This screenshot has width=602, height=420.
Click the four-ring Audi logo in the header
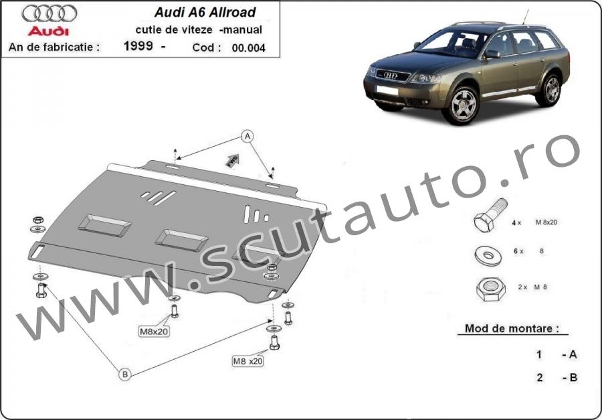(49, 14)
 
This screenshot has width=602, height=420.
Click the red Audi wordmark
(48, 31)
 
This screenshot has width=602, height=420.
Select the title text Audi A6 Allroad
(205, 12)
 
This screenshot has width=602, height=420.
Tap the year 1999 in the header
(138, 46)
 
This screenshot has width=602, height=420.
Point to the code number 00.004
(248, 48)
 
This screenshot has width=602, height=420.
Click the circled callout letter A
(247, 136)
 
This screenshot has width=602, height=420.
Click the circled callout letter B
(125, 374)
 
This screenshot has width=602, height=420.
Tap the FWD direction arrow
(232, 160)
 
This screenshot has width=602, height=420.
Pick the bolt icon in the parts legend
(490, 216)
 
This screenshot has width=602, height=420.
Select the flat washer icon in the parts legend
(489, 255)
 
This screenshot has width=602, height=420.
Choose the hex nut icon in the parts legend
(491, 289)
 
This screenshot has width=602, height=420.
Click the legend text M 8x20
(546, 222)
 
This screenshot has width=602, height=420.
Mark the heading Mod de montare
(512, 328)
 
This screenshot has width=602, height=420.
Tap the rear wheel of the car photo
(552, 90)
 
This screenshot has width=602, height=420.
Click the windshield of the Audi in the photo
(452, 43)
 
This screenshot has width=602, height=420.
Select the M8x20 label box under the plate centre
(154, 331)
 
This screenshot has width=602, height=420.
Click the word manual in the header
(242, 29)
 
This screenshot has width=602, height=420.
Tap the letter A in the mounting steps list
(573, 354)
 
